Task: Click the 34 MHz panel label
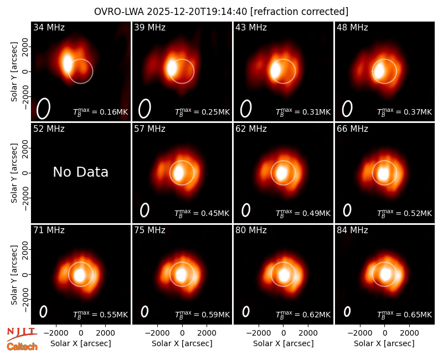click(49, 27)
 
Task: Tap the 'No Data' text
click(81, 172)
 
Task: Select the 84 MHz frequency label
click(352, 230)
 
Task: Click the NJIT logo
click(22, 333)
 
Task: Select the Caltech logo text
click(22, 347)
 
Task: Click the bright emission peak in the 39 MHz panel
click(171, 68)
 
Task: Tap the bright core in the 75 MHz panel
click(182, 274)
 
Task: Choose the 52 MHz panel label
click(49, 129)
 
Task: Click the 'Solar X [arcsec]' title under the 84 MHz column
click(384, 343)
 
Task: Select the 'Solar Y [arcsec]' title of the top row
click(14, 72)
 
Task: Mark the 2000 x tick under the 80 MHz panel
click(308, 333)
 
